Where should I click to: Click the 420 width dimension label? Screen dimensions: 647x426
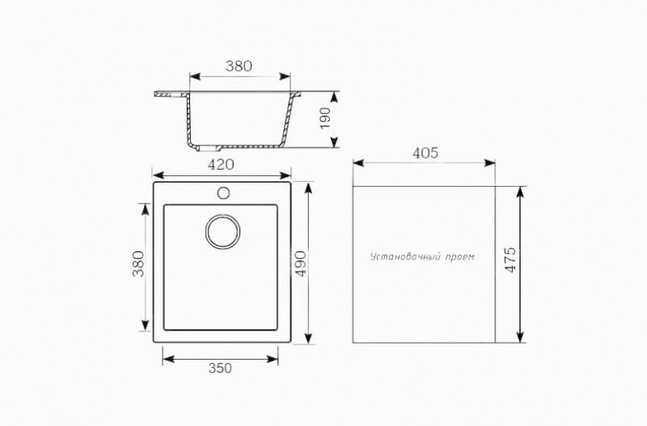[x=221, y=165]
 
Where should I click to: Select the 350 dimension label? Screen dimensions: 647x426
[x=220, y=368]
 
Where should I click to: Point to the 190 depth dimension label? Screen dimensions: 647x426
[x=326, y=118]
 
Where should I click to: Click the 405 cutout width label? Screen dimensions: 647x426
[x=425, y=153]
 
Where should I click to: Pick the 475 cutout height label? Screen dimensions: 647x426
[x=510, y=259]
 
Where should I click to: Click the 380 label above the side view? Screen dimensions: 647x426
[x=239, y=66]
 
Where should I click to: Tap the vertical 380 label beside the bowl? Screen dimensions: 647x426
[x=138, y=264]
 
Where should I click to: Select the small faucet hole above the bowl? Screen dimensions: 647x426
[x=223, y=193]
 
